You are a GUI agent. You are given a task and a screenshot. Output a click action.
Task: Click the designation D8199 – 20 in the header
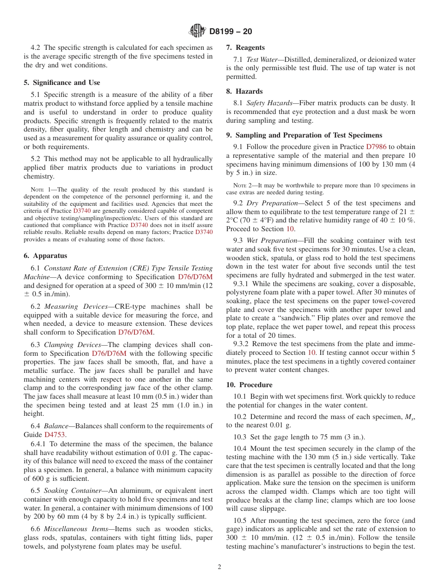point(231,31)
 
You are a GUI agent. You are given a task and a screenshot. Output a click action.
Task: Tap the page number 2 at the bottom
point(219,567)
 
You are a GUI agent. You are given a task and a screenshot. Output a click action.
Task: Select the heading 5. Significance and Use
point(61,83)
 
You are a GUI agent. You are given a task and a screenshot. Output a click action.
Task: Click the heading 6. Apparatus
point(45,256)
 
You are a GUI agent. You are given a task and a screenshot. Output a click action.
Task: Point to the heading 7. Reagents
point(245,48)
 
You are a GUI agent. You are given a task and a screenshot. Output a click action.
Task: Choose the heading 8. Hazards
point(244,91)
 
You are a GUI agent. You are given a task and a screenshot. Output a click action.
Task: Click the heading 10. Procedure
point(249,385)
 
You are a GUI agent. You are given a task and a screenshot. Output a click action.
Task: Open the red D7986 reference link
point(377,147)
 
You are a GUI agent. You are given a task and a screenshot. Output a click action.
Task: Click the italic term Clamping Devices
point(73,345)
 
